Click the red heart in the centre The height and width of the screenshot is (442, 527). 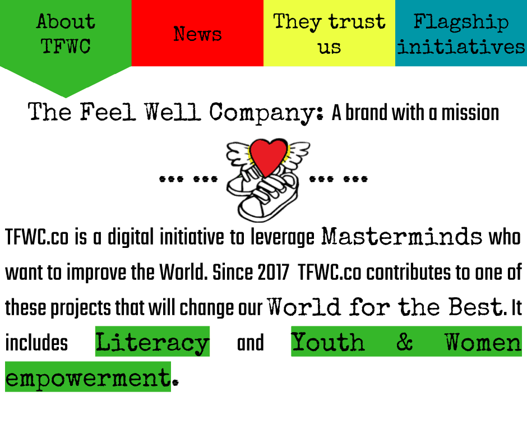268,156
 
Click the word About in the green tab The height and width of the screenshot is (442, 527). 66,22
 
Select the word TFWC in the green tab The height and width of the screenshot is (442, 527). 66,46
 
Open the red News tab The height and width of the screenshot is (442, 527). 197,34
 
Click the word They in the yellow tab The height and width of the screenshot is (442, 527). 297,22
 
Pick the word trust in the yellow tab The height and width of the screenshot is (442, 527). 357,22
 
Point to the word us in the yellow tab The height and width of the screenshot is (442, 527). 329,47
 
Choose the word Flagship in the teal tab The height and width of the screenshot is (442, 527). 461,22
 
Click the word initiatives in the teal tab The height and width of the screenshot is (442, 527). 461,46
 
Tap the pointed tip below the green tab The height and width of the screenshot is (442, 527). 66,96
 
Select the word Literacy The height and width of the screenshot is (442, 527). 152,342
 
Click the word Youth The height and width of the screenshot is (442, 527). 328,342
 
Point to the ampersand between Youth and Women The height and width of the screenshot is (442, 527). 404,342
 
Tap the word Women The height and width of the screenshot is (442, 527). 483,342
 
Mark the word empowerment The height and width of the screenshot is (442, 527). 88,377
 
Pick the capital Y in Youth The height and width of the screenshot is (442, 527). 299,342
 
